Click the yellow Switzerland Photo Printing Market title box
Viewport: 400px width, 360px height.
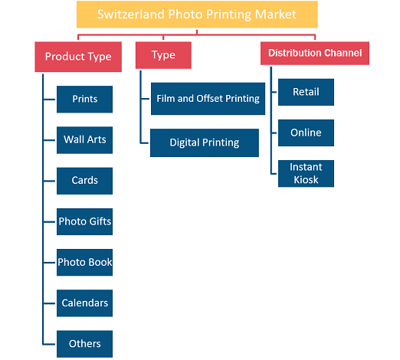197,15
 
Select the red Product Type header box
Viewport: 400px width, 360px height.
78,57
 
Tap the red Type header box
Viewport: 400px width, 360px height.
163,55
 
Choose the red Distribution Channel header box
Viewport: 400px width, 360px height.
315,53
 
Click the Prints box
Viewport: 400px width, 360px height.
84,100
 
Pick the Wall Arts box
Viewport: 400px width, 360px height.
84,140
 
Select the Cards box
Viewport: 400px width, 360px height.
84,181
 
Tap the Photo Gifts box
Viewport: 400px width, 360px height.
84,221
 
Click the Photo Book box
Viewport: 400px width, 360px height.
84,262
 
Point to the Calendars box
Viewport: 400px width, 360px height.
84,303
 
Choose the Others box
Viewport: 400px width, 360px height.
84,344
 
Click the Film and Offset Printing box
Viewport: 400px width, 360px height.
208,99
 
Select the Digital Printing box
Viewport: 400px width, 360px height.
205,142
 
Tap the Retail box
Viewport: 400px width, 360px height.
306,92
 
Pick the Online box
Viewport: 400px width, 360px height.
306,133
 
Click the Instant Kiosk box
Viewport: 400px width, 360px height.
306,174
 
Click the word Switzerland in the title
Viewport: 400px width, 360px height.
131,15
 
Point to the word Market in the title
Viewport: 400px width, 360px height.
276,15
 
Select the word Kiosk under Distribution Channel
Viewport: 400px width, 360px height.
306,180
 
